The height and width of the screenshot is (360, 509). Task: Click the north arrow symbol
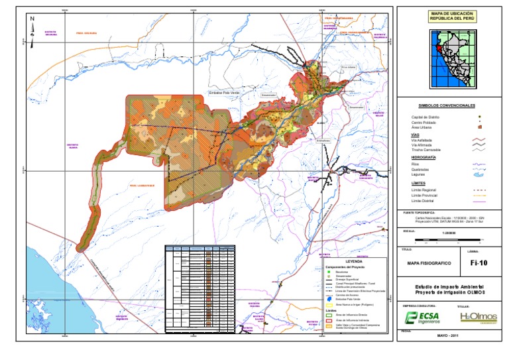pyautogui.click(x=32, y=26)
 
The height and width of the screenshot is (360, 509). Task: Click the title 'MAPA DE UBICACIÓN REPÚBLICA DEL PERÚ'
pyautogui.click(x=447, y=16)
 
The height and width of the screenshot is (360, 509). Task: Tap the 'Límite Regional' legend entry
pyautogui.click(x=426, y=190)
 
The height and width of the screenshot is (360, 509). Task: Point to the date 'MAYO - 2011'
pyautogui.click(x=447, y=335)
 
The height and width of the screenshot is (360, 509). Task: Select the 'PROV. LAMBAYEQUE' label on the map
pyautogui.click(x=142, y=186)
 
